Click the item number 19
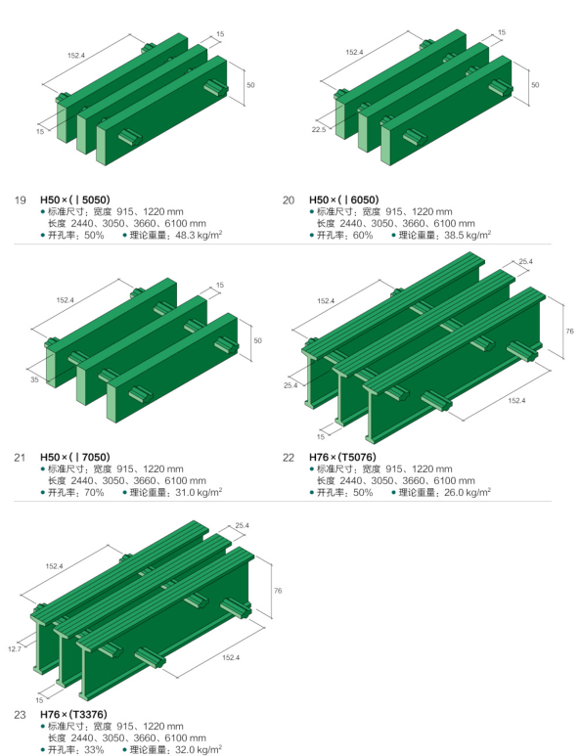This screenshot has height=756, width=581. coord(21,200)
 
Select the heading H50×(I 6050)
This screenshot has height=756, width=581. coord(343,200)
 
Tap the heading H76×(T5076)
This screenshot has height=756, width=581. coord(342,457)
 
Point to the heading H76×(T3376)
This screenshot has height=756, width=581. coord(73,715)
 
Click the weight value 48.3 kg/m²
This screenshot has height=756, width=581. coord(199,236)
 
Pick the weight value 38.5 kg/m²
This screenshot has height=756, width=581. coord(468,236)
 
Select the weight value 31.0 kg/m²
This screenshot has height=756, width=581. coord(199,492)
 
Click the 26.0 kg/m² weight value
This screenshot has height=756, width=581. coord(468,492)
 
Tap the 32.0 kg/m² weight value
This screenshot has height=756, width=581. coord(199,750)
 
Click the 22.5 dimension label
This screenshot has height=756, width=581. coord(318,130)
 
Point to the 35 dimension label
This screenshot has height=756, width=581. coord(34,379)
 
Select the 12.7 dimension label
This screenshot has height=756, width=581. coord(15,649)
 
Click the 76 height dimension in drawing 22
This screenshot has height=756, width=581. coord(569,332)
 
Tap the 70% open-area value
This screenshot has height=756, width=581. coord(94,492)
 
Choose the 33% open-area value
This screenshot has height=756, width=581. coord(94,750)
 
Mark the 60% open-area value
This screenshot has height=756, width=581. coord(363,236)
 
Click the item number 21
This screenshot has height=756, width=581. coord(20,458)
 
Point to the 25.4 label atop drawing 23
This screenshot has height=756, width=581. coord(242,525)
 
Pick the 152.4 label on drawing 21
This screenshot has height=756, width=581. coord(66,300)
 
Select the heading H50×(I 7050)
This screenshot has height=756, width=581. coord(74,457)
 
